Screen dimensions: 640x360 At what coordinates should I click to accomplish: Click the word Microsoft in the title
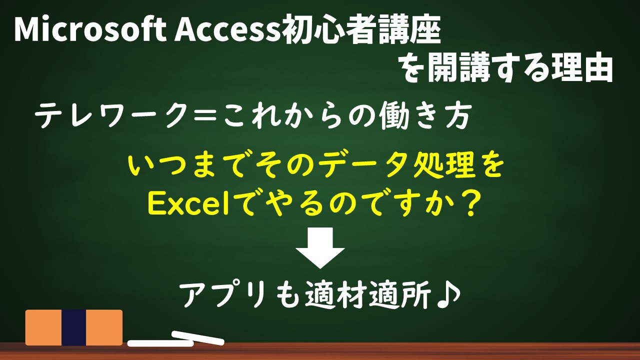click(x=90, y=29)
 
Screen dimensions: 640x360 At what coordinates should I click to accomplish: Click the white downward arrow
click(x=320, y=247)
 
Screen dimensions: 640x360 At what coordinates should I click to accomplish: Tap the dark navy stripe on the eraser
click(x=73, y=327)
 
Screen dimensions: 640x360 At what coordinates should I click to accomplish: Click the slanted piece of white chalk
click(x=197, y=337)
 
